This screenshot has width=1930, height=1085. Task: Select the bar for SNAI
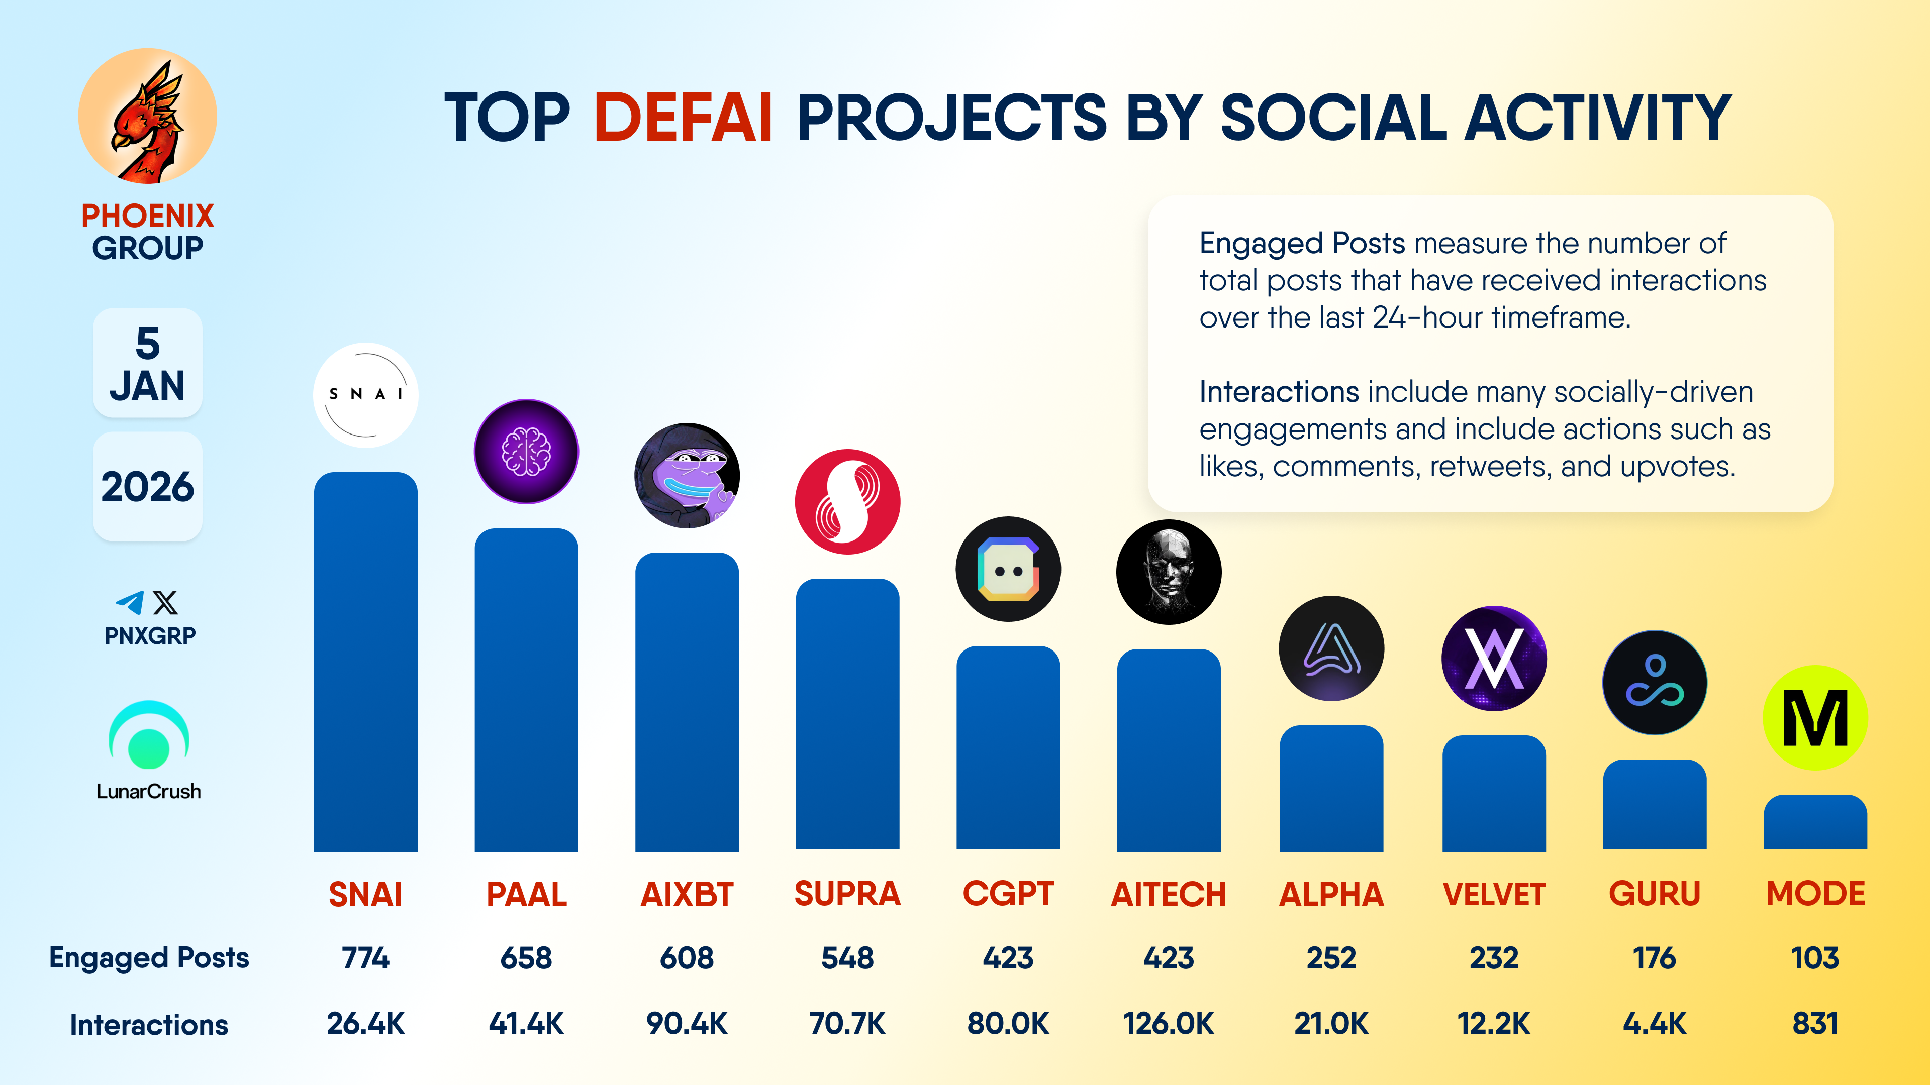tap(365, 663)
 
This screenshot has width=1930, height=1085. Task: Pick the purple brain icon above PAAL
tap(526, 452)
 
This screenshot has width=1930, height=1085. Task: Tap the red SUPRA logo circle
tap(847, 502)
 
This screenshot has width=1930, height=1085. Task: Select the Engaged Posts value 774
tap(365, 958)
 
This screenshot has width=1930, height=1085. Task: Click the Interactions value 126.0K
tap(1168, 1024)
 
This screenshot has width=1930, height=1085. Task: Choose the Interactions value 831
tap(1814, 1024)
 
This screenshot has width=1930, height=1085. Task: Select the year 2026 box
tap(148, 487)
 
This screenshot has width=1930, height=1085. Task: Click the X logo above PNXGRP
tap(165, 603)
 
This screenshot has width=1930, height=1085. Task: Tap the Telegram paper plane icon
tap(130, 603)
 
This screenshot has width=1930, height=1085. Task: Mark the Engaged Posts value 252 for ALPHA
tap(1331, 958)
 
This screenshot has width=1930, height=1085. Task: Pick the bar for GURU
tap(1654, 805)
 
